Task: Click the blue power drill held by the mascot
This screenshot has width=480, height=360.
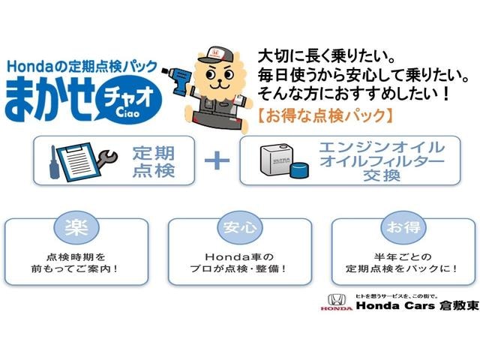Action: point(178,79)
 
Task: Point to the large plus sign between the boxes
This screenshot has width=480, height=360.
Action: point(217,160)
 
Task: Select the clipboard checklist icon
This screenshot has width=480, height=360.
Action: point(78,162)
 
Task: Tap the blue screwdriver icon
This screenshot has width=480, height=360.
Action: point(53,163)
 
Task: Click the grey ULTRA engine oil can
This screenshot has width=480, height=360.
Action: point(276,160)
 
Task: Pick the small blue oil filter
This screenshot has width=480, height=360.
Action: point(299,170)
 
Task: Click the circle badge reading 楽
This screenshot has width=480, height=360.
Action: point(76,227)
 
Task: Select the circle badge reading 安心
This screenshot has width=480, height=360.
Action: point(240,227)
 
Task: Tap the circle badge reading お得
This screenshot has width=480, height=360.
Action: point(403,227)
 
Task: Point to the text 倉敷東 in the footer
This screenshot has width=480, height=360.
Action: point(458,305)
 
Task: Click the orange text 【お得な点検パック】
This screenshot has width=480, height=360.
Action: point(325,116)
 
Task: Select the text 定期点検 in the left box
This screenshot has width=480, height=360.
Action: point(154,162)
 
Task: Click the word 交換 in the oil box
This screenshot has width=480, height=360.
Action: point(382,175)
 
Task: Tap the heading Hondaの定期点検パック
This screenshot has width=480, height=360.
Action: point(82,67)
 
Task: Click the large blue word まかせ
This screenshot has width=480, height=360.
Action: point(49,99)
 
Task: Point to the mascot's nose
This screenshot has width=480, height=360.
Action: point(218,81)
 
